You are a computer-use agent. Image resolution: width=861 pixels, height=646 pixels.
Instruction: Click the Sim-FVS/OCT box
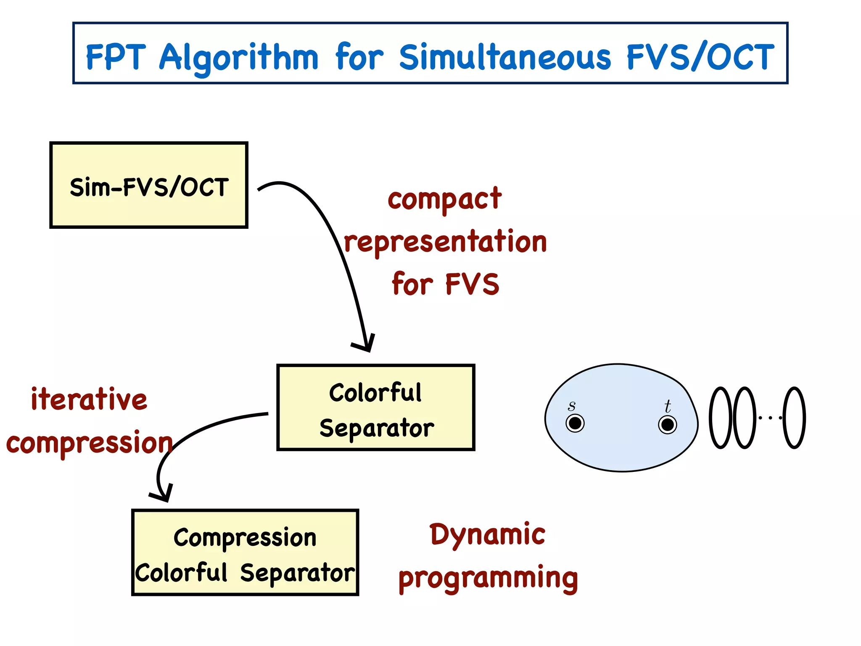(149, 185)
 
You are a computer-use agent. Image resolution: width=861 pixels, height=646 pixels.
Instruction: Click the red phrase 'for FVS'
(445, 284)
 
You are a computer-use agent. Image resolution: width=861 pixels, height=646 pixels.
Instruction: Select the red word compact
(444, 199)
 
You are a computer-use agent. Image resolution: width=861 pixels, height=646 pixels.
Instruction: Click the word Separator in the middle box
(376, 428)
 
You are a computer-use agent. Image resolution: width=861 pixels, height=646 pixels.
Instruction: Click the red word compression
(89, 443)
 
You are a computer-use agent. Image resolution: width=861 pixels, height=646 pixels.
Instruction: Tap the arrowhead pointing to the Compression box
(162, 495)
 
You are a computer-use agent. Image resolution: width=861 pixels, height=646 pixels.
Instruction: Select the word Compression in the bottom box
(245, 537)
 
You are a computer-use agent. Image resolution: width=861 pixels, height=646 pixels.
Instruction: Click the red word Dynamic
(487, 535)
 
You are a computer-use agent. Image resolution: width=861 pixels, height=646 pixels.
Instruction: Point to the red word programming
(488, 578)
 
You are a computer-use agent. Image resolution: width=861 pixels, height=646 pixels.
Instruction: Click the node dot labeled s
(575, 423)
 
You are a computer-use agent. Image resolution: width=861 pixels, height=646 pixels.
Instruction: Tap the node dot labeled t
(667, 424)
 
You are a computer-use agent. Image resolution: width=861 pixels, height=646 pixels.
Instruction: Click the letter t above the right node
(668, 406)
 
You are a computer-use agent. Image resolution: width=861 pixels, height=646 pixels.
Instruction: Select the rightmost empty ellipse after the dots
(794, 418)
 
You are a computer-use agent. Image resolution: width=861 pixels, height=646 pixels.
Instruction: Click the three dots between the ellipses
(770, 418)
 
